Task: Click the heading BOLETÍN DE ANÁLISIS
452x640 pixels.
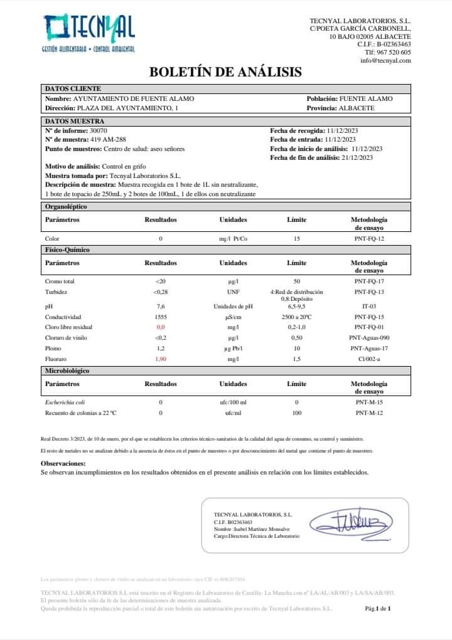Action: click(x=225, y=72)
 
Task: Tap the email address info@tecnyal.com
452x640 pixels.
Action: click(x=385, y=60)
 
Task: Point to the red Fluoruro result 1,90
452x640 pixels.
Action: click(x=161, y=359)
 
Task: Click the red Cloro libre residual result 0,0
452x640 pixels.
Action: click(x=161, y=327)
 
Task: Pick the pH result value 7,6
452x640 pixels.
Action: click(x=161, y=307)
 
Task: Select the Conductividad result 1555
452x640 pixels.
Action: click(x=161, y=317)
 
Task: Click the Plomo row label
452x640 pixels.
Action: click(x=53, y=348)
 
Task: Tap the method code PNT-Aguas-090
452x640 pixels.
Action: click(x=369, y=338)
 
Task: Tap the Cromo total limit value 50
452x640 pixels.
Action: click(x=297, y=281)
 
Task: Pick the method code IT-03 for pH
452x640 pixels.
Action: click(x=369, y=307)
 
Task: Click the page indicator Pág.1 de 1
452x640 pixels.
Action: click(x=378, y=608)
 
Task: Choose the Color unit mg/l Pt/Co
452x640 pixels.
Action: click(x=233, y=239)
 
